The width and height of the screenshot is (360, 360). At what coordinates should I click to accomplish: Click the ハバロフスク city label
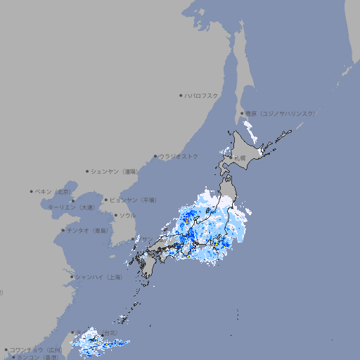point(202,95)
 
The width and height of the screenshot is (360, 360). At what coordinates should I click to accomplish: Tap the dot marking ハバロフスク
point(181,95)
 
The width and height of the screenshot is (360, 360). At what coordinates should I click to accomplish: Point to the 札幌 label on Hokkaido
point(240,157)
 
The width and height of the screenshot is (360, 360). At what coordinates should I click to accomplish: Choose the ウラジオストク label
point(179,156)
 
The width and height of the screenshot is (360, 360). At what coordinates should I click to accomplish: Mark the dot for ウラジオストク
point(155,156)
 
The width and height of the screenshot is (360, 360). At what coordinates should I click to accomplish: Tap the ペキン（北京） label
point(53,191)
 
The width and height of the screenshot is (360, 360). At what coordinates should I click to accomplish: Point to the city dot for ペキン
point(32,191)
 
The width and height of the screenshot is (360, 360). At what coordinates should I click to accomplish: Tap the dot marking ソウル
point(116,215)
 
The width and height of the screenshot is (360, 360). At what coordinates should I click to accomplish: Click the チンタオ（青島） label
point(88,230)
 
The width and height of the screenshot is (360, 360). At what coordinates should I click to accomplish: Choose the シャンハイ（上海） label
point(98,277)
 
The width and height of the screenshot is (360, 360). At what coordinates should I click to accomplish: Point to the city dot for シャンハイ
point(72,277)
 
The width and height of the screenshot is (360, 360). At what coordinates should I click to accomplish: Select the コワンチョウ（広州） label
point(35,349)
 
